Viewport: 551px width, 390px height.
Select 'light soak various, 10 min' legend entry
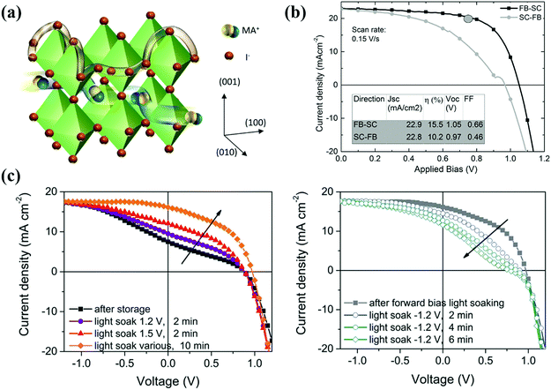[132, 341]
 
